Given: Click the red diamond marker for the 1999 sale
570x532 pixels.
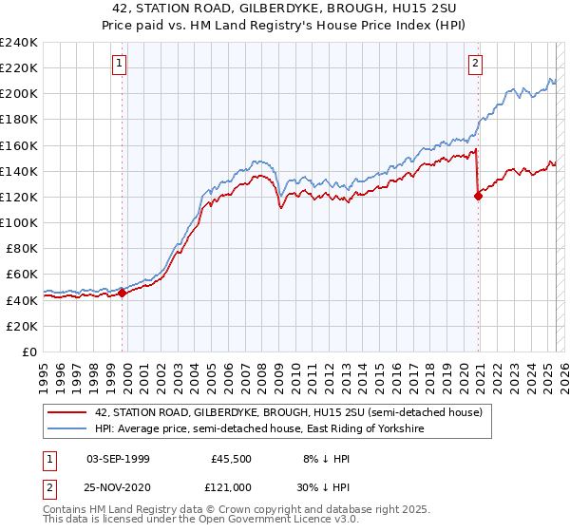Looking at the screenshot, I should pos(123,293).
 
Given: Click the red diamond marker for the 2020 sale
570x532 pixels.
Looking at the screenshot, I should pos(478,196).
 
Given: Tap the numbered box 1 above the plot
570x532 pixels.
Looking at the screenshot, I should pos(120,64).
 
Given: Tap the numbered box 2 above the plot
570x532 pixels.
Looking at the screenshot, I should pos(475,64).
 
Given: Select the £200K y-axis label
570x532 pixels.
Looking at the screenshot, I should pos(19,94).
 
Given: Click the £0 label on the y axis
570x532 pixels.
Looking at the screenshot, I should pos(28,351).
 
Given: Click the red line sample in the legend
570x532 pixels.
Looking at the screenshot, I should pos(66,412).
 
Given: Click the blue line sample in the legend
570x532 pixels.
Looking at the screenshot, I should pos(66,429).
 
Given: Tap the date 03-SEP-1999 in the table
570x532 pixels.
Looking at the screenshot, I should pos(118,458).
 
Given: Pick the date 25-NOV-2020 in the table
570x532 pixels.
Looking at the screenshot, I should pos(118,486).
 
